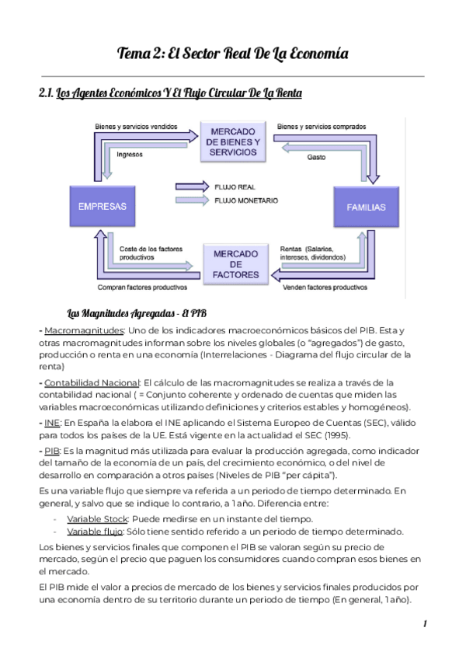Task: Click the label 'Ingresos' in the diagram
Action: [130, 153]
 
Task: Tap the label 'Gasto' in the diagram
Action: [315, 158]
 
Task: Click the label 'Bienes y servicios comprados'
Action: [322, 125]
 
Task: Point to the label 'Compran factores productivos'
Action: [143, 287]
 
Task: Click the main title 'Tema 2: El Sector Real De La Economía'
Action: [232, 54]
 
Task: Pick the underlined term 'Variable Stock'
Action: [95, 518]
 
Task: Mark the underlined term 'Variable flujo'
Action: [94, 532]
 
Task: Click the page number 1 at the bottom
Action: [426, 624]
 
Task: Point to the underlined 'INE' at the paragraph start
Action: [52, 421]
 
